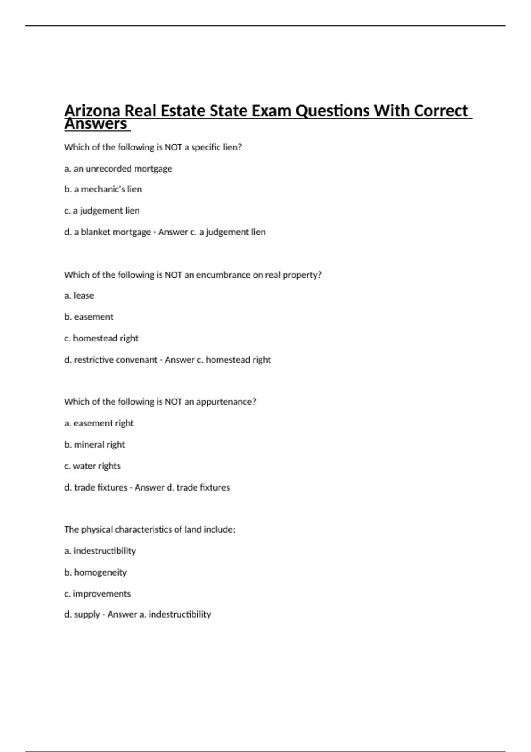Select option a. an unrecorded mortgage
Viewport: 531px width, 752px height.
coord(118,169)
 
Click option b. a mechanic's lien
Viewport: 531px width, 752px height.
coord(103,189)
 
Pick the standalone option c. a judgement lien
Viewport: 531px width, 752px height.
coord(102,211)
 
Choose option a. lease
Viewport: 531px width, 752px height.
coord(79,295)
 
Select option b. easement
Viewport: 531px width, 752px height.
coord(89,317)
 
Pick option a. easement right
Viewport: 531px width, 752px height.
coord(99,423)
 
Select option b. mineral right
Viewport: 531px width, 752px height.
coord(95,445)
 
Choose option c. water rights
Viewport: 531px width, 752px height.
coord(92,466)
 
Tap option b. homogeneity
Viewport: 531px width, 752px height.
coord(96,572)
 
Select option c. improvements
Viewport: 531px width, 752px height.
coord(97,594)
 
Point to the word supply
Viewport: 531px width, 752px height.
coord(87,614)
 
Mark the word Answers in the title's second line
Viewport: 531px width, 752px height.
coord(96,124)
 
